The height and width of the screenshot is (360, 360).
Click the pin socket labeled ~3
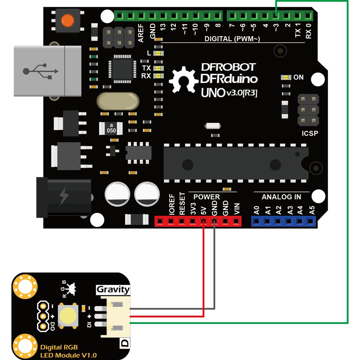tap(276, 15)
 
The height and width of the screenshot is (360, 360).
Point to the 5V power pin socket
tap(203, 221)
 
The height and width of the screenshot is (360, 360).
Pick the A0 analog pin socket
tap(256, 221)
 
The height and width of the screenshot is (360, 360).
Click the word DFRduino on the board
tap(229, 78)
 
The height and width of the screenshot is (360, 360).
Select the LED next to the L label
tap(159, 53)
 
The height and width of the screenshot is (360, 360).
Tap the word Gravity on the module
tap(113, 290)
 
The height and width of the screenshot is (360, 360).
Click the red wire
tap(204, 274)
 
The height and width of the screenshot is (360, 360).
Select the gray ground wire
tap(214, 274)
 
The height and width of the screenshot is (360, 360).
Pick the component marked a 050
tap(111, 128)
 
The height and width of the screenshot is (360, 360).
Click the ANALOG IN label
tap(281, 197)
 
